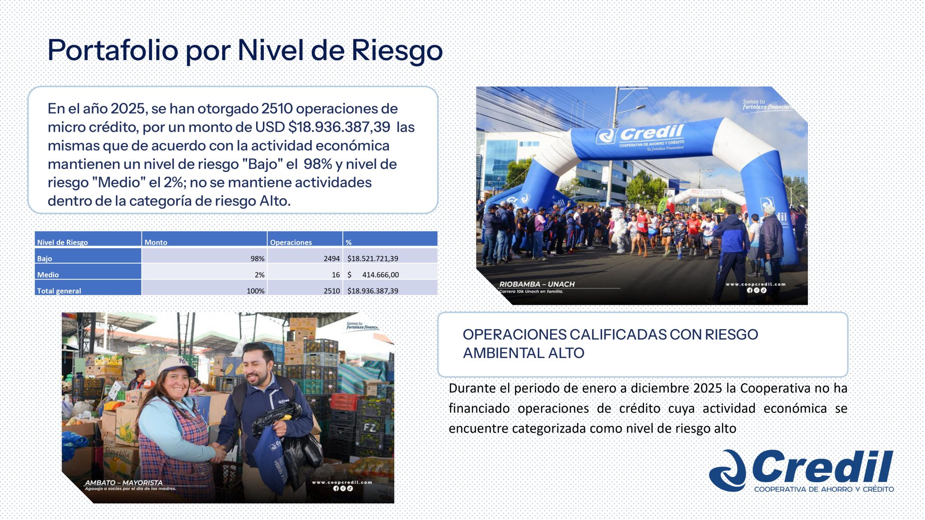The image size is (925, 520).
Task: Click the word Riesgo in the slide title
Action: [x=397, y=51]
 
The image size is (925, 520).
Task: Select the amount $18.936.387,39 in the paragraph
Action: [x=339, y=127]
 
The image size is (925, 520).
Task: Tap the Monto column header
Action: [x=156, y=242]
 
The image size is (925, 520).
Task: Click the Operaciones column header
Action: [x=291, y=242]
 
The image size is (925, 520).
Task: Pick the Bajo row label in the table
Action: [x=45, y=259]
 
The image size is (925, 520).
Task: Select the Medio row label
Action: [x=48, y=275]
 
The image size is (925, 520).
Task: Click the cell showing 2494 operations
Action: [x=332, y=259]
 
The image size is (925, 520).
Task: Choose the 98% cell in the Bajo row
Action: [x=257, y=259]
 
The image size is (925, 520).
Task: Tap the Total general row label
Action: [x=59, y=291]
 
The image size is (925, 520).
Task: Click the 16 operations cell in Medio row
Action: [x=336, y=275]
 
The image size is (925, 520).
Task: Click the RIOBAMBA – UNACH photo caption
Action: [x=537, y=284]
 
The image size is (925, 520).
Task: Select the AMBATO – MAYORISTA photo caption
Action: [x=123, y=483]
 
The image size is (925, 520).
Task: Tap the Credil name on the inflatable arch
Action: [x=651, y=133]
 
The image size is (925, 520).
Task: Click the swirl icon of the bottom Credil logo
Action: [x=728, y=470]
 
